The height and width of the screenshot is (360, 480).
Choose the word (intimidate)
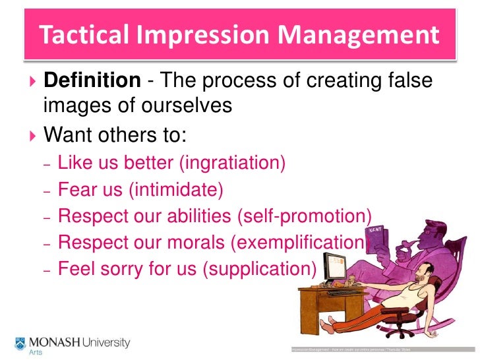176,189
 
